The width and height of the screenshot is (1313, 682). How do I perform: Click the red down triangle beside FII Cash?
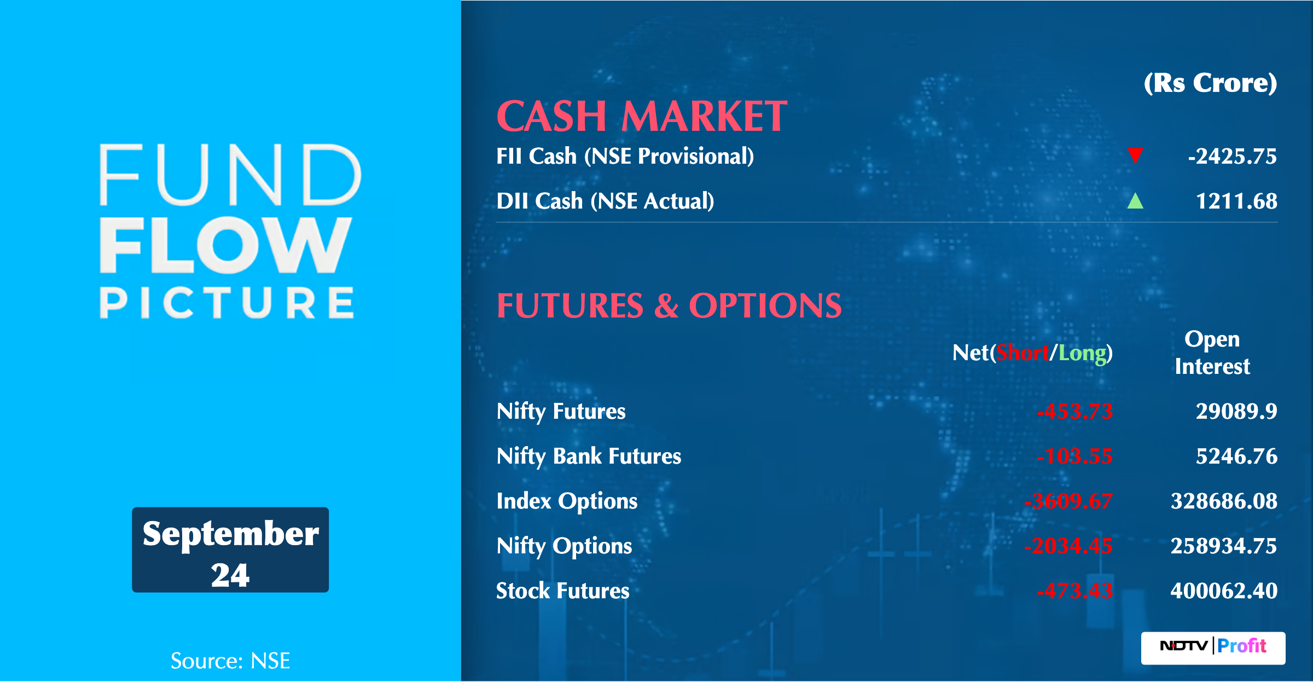1135,155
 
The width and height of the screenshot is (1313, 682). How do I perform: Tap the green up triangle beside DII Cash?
1135,201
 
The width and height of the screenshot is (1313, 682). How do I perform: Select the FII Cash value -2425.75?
1232,157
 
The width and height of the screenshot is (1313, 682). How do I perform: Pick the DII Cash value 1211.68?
1236,201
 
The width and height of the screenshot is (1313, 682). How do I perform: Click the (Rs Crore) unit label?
1210,83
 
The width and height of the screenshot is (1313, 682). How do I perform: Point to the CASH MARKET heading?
642,116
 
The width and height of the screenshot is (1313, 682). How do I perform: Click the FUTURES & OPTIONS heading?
669,305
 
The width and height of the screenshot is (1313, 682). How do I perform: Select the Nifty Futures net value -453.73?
1074,412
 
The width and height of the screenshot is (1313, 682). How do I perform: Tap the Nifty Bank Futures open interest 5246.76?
1236,456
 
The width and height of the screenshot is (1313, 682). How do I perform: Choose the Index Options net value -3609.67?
1068,501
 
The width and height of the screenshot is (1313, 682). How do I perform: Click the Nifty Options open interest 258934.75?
1224,546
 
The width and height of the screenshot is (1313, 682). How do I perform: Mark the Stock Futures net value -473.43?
1074,591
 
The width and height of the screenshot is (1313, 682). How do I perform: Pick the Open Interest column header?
1212,352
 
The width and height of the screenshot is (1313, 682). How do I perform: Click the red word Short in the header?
1022,353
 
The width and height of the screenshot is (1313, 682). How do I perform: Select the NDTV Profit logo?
1213,648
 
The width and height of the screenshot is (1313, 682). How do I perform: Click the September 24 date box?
230,550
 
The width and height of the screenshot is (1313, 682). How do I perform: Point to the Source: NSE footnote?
230,661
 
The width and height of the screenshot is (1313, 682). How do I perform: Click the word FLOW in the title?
225,245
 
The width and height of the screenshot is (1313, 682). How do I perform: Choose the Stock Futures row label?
563,591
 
